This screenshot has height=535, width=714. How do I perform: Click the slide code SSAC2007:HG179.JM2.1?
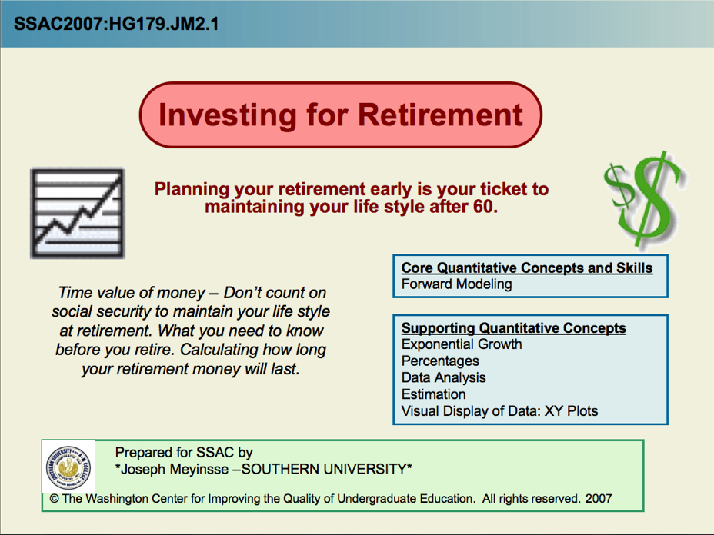116,24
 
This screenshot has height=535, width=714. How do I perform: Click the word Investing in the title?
227,115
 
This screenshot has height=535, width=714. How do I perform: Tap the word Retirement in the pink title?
440,115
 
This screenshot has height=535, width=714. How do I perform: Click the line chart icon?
78,214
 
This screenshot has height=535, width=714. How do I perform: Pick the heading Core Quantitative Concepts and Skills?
527,267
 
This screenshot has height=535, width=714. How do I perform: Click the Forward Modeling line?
457,284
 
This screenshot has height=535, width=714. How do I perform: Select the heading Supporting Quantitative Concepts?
514,327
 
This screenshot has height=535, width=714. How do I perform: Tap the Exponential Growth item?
462,344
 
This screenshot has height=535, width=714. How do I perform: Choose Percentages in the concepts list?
440,361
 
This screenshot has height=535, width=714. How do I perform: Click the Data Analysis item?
443,377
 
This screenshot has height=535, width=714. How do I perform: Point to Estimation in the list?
433,394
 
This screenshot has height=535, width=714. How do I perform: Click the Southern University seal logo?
68,467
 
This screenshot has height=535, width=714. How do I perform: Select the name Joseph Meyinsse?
175,469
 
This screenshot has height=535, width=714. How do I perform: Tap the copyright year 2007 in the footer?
599,499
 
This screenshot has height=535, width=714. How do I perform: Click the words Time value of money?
132,293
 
